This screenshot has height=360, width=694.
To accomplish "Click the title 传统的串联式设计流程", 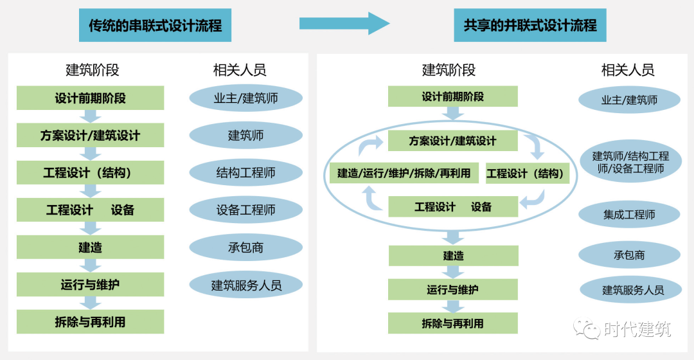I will pyautogui.click(x=155, y=26).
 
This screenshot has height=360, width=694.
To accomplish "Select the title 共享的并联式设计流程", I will pyautogui.click(x=530, y=26).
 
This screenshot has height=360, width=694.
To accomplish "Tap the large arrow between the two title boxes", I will pyautogui.click(x=344, y=24).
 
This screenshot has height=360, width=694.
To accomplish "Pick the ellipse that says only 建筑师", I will pyautogui.click(x=245, y=136).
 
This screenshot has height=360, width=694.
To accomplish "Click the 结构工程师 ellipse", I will pyautogui.click(x=245, y=173).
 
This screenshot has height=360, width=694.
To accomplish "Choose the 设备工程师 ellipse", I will pyautogui.click(x=245, y=210).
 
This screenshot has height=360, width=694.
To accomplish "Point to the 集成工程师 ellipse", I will pyautogui.click(x=629, y=215).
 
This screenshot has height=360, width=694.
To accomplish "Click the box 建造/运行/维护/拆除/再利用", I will pyautogui.click(x=404, y=174).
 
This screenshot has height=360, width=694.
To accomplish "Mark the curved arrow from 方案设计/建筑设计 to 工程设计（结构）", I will pyautogui.click(x=534, y=147).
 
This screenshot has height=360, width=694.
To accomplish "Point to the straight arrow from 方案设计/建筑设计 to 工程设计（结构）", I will pyautogui.click(x=90, y=154).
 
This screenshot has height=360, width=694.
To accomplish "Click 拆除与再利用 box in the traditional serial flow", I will pyautogui.click(x=90, y=322).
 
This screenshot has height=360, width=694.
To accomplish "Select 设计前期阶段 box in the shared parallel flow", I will pyautogui.click(x=453, y=97).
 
